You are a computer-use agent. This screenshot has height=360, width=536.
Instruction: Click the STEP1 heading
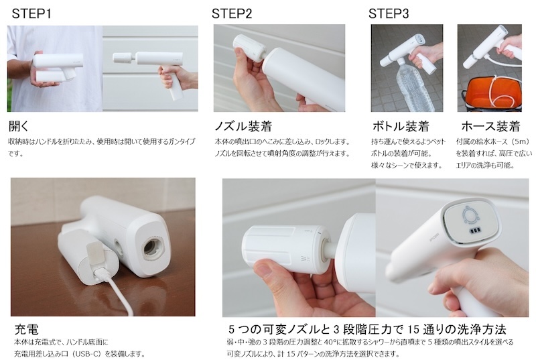click(31, 13)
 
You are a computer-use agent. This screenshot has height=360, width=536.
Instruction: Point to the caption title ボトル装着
click(400, 126)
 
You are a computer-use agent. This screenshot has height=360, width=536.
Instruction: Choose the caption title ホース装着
click(490, 126)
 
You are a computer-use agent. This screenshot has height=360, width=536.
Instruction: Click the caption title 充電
click(26, 329)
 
